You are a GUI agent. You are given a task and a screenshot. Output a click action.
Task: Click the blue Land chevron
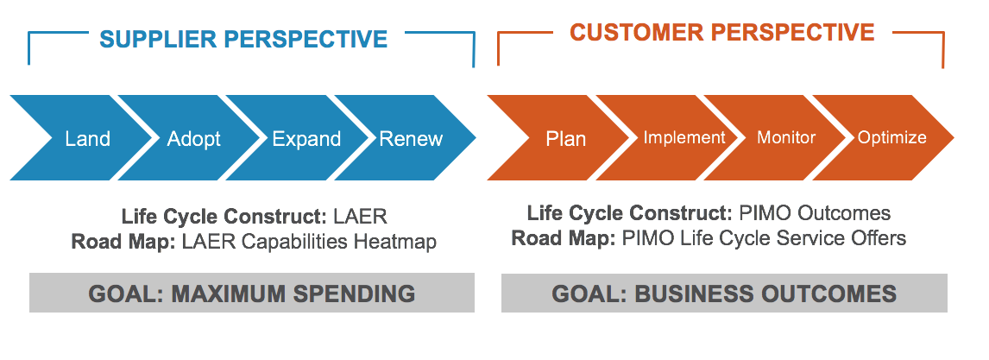pyautogui.click(x=86, y=138)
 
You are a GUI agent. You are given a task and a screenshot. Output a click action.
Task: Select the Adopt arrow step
pyautogui.click(x=194, y=138)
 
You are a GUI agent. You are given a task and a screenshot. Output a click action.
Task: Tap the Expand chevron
pyautogui.click(x=306, y=138)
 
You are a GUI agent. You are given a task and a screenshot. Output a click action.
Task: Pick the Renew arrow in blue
pyautogui.click(x=412, y=138)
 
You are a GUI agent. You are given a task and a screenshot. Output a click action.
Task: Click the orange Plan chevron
pyautogui.click(x=565, y=138)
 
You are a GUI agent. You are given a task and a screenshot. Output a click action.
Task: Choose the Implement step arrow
pyautogui.click(x=684, y=137)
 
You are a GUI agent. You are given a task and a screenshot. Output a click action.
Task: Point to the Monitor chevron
pyautogui.click(x=786, y=137)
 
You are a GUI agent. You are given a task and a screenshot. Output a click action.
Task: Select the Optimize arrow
pyautogui.click(x=891, y=137)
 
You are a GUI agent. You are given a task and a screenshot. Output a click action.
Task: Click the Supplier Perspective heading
pyautogui.click(x=243, y=39)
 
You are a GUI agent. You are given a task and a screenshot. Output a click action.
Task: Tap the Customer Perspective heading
pyautogui.click(x=721, y=33)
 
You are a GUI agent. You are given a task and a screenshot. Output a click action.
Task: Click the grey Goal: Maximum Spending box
pyautogui.click(x=251, y=294)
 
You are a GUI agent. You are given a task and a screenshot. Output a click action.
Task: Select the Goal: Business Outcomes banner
pyautogui.click(x=724, y=294)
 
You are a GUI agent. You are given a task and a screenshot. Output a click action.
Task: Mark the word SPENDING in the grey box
pyautogui.click(x=354, y=294)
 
